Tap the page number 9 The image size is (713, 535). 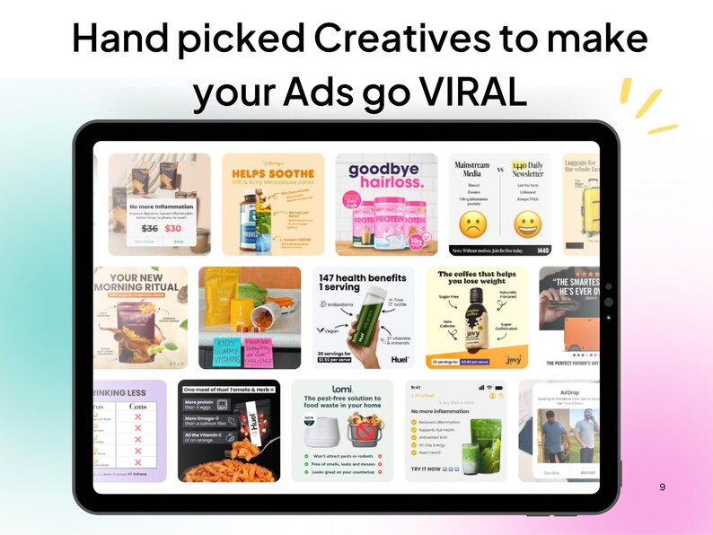(x=662, y=487)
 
